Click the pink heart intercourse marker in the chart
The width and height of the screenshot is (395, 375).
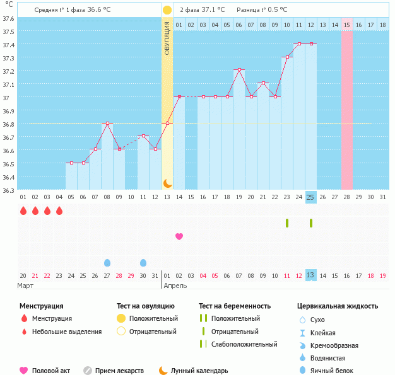tap(179, 236)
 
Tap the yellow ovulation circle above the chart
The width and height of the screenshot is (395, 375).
tap(167, 10)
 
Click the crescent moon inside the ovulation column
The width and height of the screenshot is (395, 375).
tap(167, 183)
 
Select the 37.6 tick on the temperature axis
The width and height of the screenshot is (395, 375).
tap(8, 18)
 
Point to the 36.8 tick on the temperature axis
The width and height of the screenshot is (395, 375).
tap(8, 124)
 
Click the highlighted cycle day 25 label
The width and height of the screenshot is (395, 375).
tap(310, 197)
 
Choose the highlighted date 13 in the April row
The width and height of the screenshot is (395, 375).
tap(310, 275)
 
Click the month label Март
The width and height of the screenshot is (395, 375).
tap(26, 286)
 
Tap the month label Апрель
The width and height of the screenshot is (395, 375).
tap(175, 286)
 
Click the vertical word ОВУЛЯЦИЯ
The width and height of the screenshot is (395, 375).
tap(167, 38)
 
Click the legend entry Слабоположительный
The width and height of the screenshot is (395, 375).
tap(245, 344)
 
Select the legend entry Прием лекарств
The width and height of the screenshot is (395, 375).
tap(119, 371)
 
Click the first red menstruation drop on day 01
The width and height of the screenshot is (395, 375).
tap(23, 211)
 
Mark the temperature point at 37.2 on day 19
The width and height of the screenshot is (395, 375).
tap(239, 70)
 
